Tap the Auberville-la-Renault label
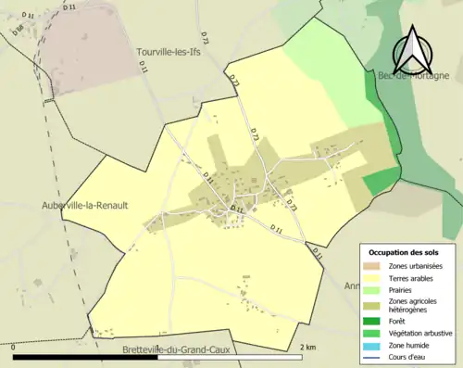click(84, 205)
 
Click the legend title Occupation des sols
click(404, 252)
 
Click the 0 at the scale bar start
click(14, 348)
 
